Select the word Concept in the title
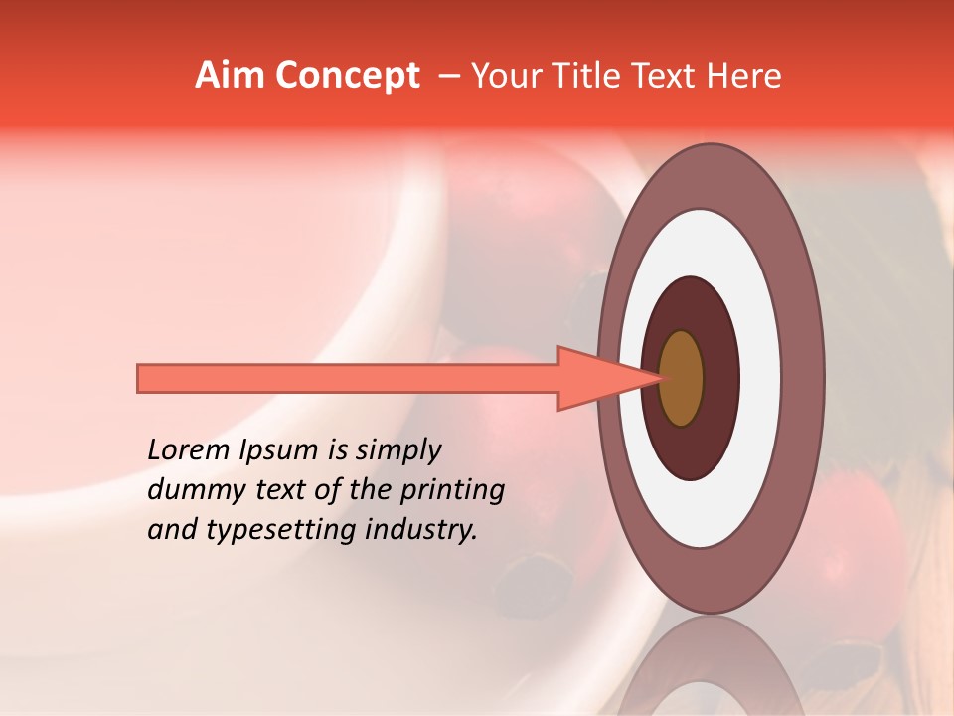[x=348, y=77]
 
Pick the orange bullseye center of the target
[x=682, y=378]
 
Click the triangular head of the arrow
[x=596, y=378]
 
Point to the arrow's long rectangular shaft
[x=348, y=378]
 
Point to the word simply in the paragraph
[x=397, y=450]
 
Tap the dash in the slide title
[x=448, y=77]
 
